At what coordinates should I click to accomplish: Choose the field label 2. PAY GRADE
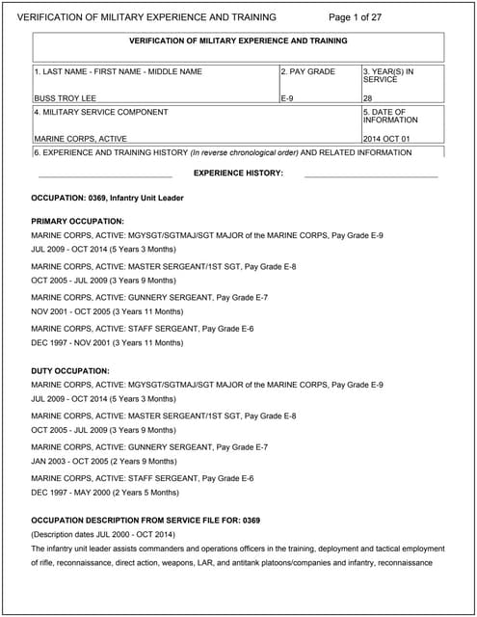pos(308,71)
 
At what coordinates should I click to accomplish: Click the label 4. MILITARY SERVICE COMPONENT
pos(101,112)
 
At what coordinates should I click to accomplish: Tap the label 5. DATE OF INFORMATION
pos(390,116)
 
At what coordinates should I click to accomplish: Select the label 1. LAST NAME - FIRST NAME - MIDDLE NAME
pos(118,71)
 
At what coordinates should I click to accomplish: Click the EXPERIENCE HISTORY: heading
pos(238,173)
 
